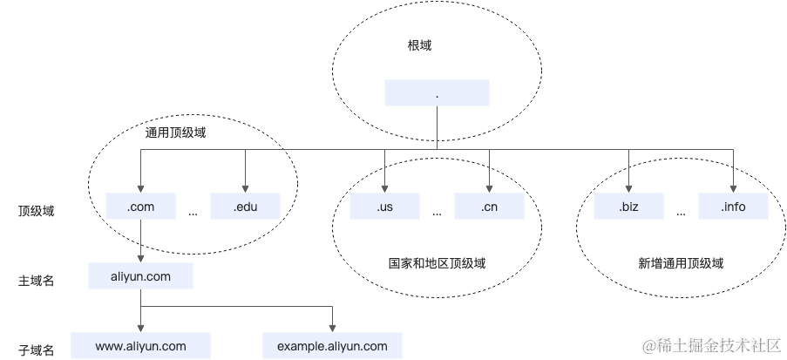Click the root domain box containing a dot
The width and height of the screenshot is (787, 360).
(x=436, y=92)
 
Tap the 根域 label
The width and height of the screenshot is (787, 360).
(x=419, y=45)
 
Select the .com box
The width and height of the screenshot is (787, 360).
(x=140, y=207)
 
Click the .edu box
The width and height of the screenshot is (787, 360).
(x=245, y=207)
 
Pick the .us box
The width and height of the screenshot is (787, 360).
(x=384, y=207)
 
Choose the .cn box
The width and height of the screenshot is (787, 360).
(x=489, y=207)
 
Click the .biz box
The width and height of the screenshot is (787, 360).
(x=628, y=207)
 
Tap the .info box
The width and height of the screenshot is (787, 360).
(x=733, y=207)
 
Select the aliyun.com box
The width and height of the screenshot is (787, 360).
(x=140, y=276)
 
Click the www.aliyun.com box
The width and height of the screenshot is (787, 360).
(x=140, y=346)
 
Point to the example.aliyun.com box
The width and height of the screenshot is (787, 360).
(x=332, y=346)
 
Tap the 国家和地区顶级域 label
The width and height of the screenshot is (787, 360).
(x=437, y=262)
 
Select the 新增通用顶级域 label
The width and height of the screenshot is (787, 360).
(x=681, y=262)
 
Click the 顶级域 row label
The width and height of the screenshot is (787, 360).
(x=36, y=211)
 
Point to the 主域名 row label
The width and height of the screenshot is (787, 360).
(x=36, y=281)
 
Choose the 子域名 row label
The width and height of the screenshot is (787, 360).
(x=36, y=350)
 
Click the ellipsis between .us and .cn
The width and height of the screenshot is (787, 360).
(x=437, y=212)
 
